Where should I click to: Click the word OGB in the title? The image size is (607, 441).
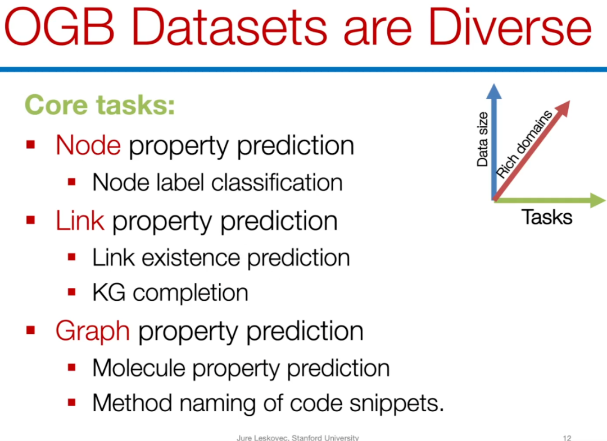[x=60, y=27]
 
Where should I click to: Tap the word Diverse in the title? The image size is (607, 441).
[x=510, y=27]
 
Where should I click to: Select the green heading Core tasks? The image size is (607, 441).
[x=100, y=105]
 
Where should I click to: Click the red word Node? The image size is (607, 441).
[x=88, y=145]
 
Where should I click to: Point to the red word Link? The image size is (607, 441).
[x=80, y=220]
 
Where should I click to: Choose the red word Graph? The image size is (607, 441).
[x=93, y=332]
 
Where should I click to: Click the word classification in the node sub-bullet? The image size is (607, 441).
[x=277, y=182]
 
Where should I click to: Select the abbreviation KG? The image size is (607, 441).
[x=109, y=292]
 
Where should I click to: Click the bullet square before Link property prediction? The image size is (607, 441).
[x=30, y=220]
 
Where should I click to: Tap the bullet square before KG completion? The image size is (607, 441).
[x=71, y=292]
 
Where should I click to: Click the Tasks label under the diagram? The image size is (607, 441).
[x=547, y=217]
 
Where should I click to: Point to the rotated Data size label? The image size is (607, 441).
[x=482, y=140]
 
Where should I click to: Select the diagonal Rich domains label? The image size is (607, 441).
[x=524, y=144]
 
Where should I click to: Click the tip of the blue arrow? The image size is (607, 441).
[x=494, y=84]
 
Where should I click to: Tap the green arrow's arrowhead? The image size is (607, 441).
[x=597, y=200]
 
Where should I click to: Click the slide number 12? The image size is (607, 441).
[x=567, y=438]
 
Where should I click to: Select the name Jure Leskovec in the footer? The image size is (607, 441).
[x=263, y=438]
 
